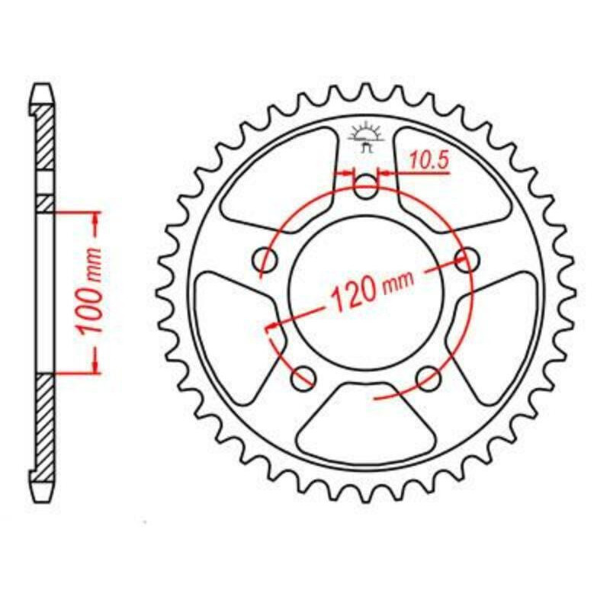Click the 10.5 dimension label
(x=429, y=160)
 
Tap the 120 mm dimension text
(x=370, y=290)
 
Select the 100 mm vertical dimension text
(x=89, y=291)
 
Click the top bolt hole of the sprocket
(x=366, y=186)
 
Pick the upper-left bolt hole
(x=266, y=258)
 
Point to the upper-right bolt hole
(x=467, y=258)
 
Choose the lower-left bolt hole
(x=303, y=377)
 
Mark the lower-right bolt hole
(x=429, y=377)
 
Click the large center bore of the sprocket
(x=367, y=293)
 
